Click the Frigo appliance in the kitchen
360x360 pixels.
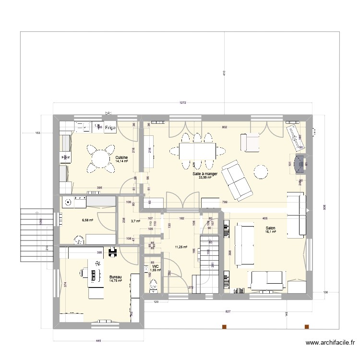click(110, 127)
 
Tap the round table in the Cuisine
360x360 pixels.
click(101, 158)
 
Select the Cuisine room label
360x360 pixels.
click(121, 157)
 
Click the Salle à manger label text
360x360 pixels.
click(205, 174)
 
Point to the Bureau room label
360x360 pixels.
click(116, 277)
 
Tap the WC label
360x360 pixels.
click(156, 266)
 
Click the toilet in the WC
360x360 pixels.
click(154, 286)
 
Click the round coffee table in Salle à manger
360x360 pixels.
click(261, 171)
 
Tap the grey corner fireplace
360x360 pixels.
click(299, 164)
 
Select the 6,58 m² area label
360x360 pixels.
click(87, 220)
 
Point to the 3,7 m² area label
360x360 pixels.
click(135, 221)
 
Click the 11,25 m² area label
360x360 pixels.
click(181, 247)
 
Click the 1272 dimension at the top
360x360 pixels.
click(183, 103)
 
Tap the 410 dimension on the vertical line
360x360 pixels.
click(224, 73)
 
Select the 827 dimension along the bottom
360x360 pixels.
click(228, 312)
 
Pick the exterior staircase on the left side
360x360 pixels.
click(36, 235)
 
